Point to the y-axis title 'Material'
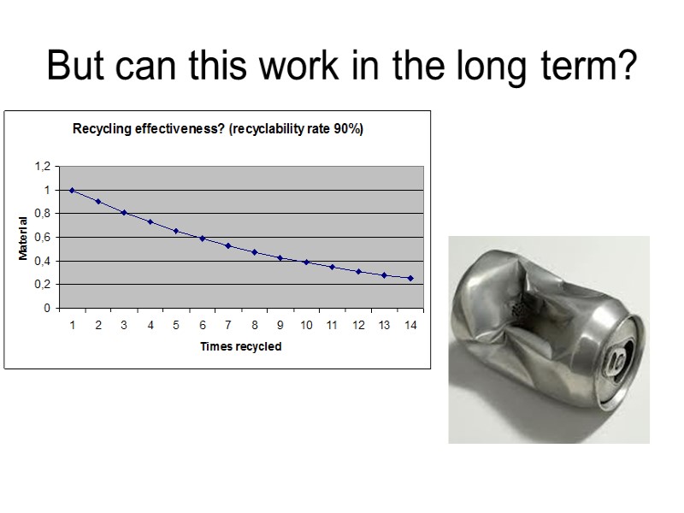click(24, 239)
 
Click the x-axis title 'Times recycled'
click(240, 346)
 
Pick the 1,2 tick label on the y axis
click(43, 166)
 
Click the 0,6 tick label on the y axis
click(43, 237)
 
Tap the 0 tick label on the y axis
click(48, 308)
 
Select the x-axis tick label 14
click(410, 325)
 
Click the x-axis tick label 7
click(228, 325)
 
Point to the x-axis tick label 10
click(306, 325)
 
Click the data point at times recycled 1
click(72, 190)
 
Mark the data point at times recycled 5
click(176, 231)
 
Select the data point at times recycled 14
click(410, 278)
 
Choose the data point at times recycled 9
click(280, 257)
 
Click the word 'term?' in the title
click(591, 66)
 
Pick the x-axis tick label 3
click(124, 325)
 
